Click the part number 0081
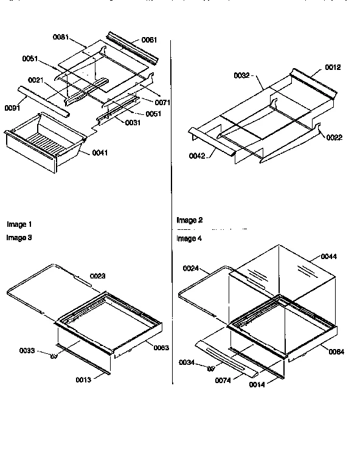click(x=60, y=37)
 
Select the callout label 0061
click(x=149, y=40)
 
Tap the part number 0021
click(x=36, y=80)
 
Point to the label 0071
click(x=162, y=102)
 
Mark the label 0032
click(x=242, y=76)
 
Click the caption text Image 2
click(x=190, y=220)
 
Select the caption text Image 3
click(x=19, y=238)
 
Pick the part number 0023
click(x=99, y=275)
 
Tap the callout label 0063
click(x=161, y=347)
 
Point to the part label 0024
click(x=192, y=268)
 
